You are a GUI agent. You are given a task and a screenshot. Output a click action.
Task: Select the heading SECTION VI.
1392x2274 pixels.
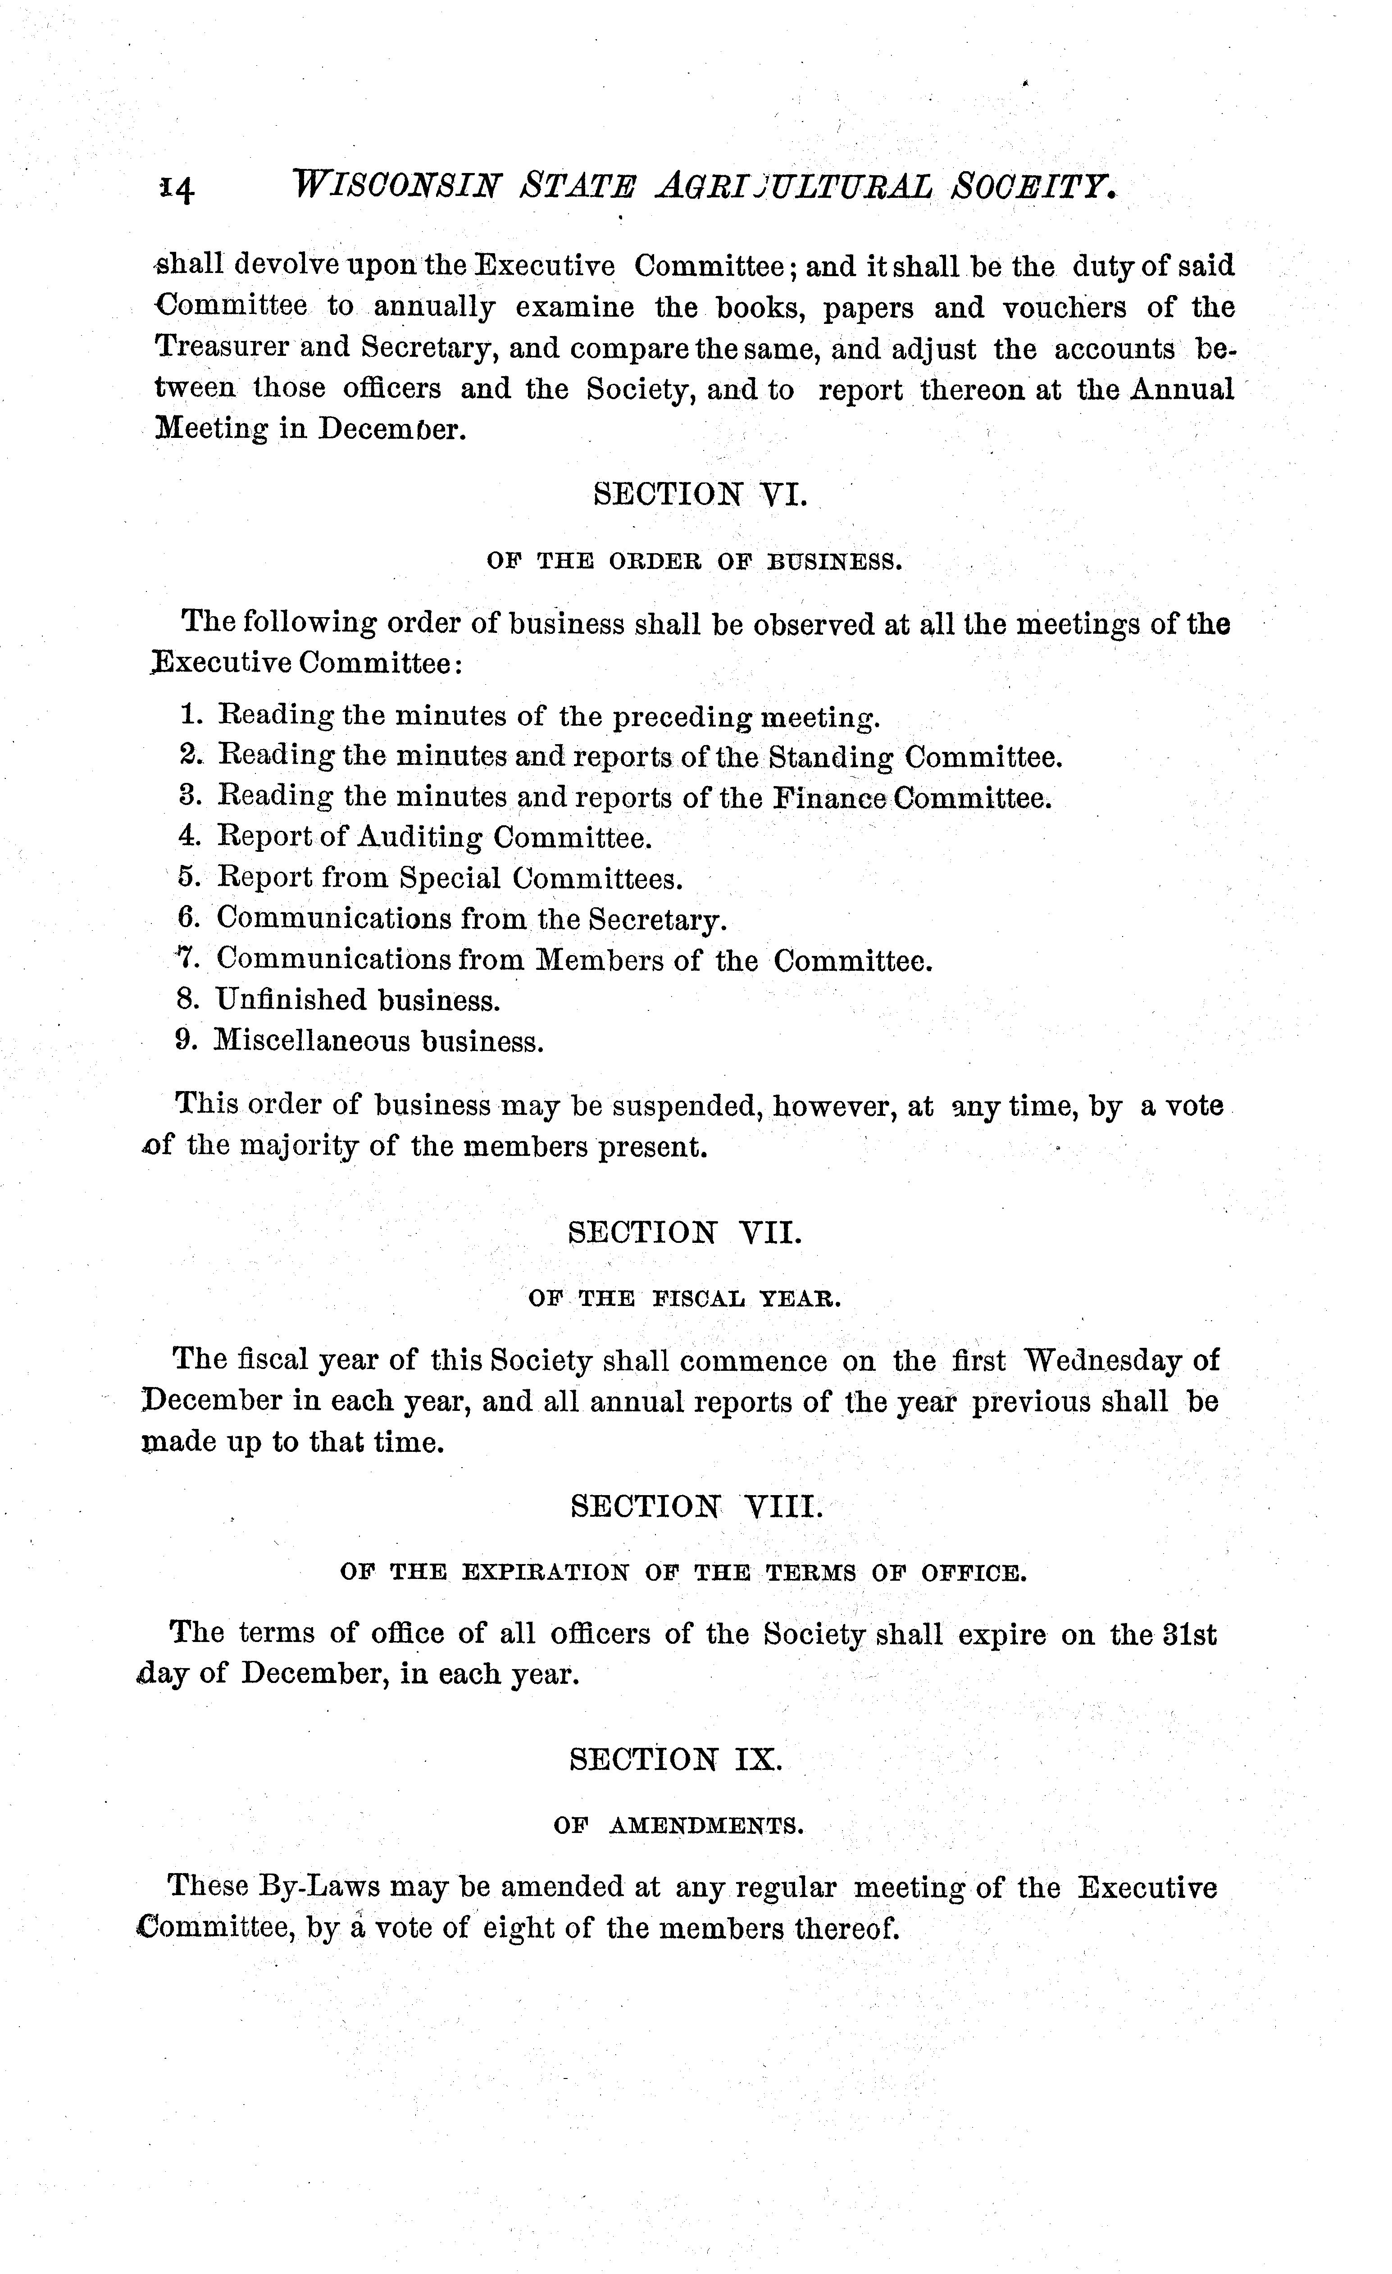tap(700, 495)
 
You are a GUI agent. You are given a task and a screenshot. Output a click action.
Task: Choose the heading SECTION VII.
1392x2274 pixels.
tap(685, 1233)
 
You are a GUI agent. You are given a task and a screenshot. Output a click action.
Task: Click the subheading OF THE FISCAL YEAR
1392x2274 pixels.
tap(685, 1299)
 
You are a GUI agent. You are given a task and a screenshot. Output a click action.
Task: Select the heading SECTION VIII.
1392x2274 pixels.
tap(695, 1507)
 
